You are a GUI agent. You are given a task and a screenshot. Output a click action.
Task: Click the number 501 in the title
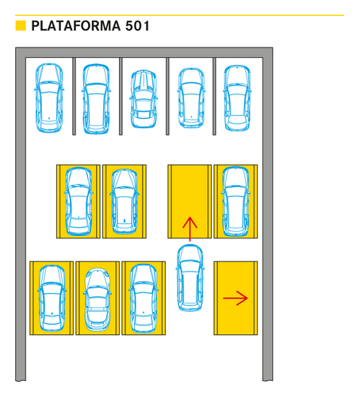tap(137, 26)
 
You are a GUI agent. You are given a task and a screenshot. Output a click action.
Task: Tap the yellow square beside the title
tap(21, 25)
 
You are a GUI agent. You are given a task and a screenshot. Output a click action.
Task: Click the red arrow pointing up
tap(190, 229)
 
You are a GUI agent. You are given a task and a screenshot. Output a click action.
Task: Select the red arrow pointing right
tap(236, 299)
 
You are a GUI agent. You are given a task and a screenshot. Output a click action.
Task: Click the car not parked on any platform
tap(190, 278)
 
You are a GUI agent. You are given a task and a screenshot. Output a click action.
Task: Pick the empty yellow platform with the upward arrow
tap(190, 201)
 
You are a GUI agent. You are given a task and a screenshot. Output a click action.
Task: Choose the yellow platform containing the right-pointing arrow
tap(236, 299)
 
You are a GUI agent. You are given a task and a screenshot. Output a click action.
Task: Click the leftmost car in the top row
tap(49, 97)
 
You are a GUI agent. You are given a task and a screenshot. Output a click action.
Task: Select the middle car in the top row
tap(144, 99)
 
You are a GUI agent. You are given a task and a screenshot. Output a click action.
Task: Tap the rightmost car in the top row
tap(237, 98)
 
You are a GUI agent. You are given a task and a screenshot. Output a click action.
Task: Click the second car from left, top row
tap(96, 99)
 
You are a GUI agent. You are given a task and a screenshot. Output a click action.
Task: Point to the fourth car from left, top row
tap(191, 98)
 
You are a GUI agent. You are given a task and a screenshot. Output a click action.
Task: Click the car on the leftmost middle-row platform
tap(79, 201)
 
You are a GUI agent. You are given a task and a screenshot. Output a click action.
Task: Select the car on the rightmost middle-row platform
tap(236, 201)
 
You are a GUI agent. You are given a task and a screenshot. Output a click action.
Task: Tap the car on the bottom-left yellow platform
tap(52, 299)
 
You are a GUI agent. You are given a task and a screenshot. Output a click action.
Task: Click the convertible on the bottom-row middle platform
tap(98, 299)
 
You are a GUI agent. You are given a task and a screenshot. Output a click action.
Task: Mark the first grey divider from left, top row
tap(74, 97)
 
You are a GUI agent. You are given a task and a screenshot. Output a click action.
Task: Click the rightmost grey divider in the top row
tap(214, 97)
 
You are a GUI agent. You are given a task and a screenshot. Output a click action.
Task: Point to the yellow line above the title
tap(180, 15)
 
